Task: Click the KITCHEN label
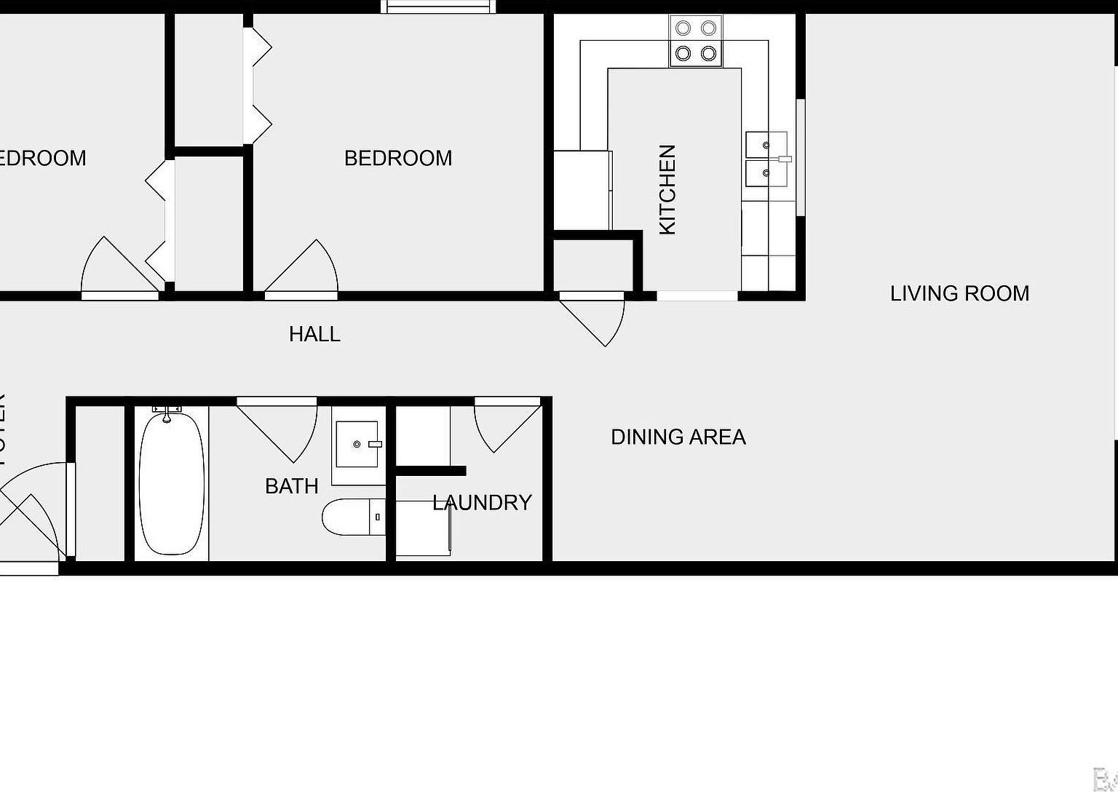click(667, 190)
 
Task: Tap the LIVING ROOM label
click(959, 293)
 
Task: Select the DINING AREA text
click(678, 437)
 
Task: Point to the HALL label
click(314, 334)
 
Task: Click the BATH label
click(291, 486)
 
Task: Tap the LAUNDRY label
click(482, 502)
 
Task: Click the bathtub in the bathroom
click(172, 483)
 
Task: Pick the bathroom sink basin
click(357, 444)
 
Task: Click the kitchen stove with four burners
click(696, 41)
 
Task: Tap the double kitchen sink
click(766, 159)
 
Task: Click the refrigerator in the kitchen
click(582, 190)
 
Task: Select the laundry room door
click(502, 422)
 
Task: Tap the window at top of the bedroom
click(439, 7)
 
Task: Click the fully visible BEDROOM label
click(398, 158)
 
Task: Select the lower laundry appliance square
click(423, 528)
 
